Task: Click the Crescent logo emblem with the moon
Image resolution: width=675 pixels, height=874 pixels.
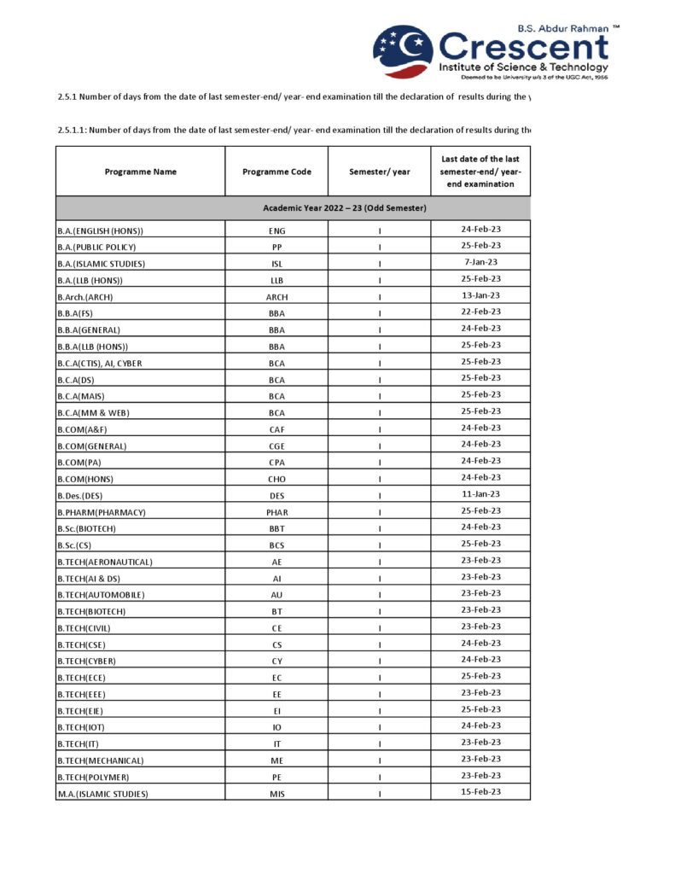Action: tap(403, 51)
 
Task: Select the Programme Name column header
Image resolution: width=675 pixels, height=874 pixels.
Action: tap(141, 172)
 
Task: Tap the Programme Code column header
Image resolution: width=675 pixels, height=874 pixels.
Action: tap(276, 172)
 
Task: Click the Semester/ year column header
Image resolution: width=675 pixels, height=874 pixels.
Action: tap(379, 172)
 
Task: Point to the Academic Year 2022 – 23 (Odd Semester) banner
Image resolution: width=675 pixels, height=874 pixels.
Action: tap(345, 208)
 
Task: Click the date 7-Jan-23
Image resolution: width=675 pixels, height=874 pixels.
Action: tap(480, 262)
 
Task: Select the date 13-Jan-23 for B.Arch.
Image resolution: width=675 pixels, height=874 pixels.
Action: tap(480, 295)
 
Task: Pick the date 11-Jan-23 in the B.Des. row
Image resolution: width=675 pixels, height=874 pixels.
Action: tap(480, 494)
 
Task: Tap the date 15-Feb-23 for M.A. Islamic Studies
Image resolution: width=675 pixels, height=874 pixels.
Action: tap(480, 792)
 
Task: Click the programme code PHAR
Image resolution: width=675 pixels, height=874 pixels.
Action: tap(276, 512)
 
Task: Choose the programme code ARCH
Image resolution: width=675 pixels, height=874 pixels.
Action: tap(276, 297)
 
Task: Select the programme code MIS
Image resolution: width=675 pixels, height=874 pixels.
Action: tap(276, 794)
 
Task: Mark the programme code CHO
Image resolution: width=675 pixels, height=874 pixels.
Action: tap(276, 479)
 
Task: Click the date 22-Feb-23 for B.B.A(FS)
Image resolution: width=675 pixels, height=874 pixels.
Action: tap(480, 312)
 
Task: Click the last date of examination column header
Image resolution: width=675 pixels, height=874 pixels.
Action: tap(480, 172)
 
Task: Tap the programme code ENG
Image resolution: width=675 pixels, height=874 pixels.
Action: tap(276, 230)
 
